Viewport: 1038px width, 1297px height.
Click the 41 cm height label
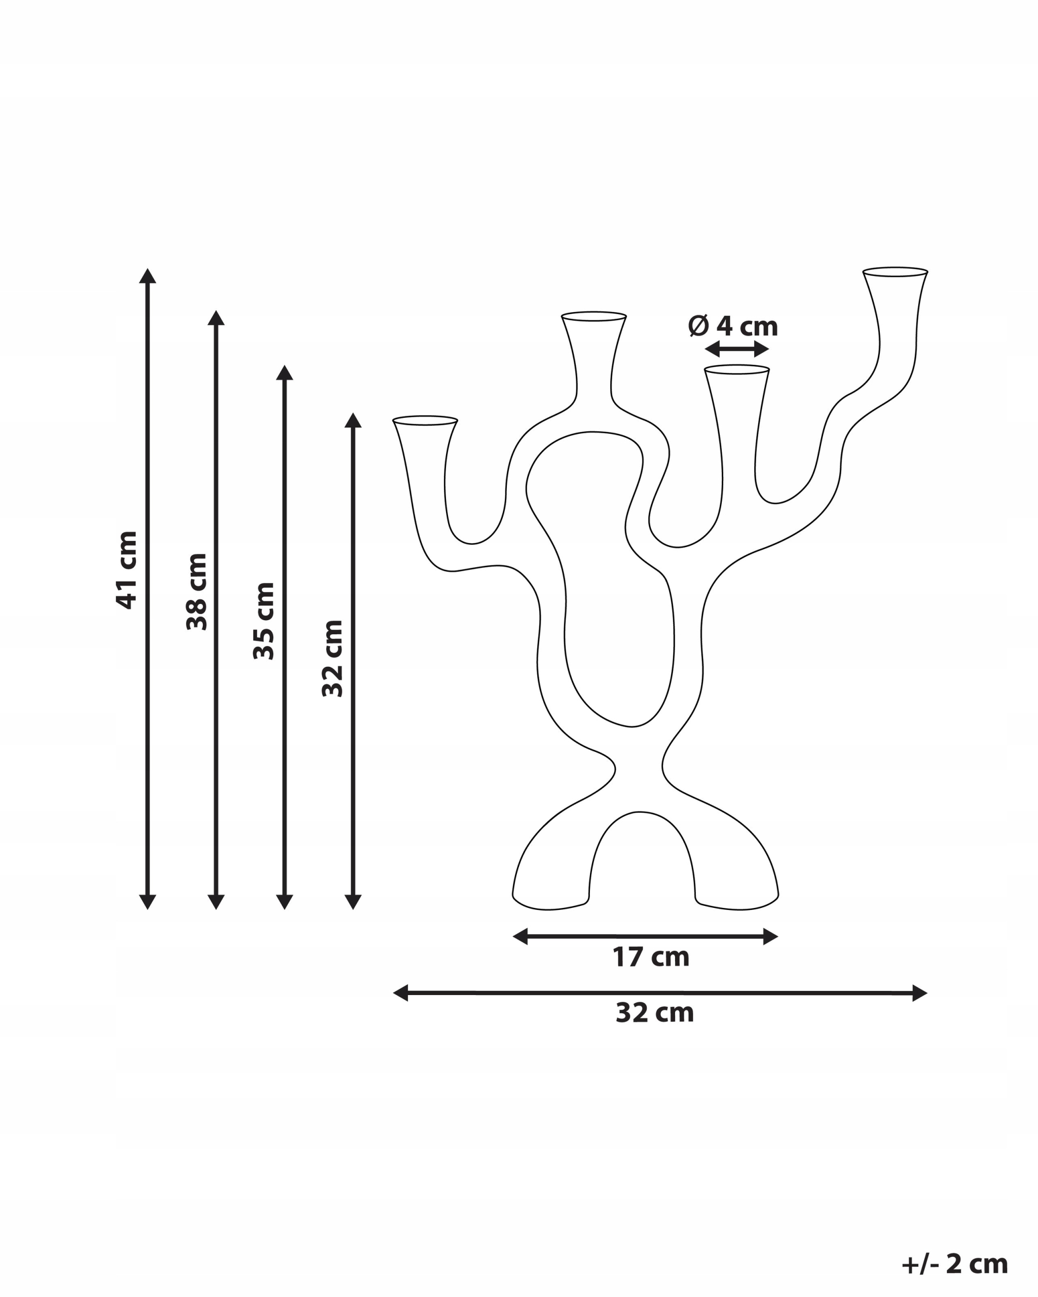(x=127, y=570)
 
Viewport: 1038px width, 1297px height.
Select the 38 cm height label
(x=197, y=592)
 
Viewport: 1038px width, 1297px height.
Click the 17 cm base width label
(x=650, y=957)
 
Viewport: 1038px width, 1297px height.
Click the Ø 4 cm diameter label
(x=733, y=326)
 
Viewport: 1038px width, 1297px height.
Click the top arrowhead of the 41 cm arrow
(x=147, y=276)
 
